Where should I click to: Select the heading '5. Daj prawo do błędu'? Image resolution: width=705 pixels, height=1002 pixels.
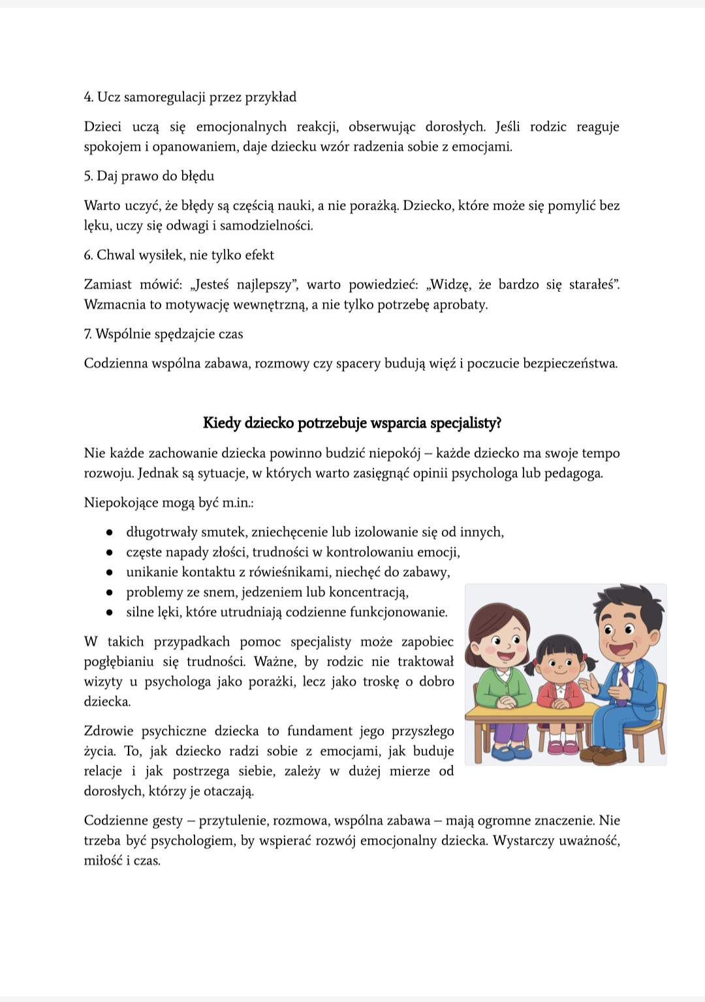coord(149,176)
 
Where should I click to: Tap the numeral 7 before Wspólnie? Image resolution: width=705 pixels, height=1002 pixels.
coord(87,334)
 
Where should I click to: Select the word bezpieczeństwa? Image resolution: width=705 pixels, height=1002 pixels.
coord(570,364)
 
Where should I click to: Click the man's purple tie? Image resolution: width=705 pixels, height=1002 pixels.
coord(623,679)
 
